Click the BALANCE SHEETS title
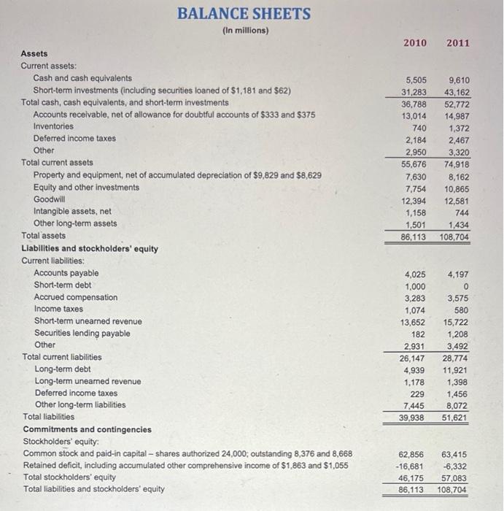(x=244, y=14)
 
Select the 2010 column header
(x=415, y=43)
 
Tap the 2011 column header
(x=458, y=43)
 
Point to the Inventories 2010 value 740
(x=417, y=127)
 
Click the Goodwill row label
(x=50, y=199)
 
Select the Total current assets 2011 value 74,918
(x=456, y=163)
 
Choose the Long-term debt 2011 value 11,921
(x=456, y=369)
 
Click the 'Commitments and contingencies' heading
(x=88, y=429)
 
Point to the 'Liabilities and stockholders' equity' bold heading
(x=90, y=248)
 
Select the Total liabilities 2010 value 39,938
(x=413, y=417)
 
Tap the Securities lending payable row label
(x=82, y=334)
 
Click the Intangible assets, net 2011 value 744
(x=461, y=212)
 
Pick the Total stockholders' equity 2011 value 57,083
(x=456, y=477)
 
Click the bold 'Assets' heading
(x=34, y=53)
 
